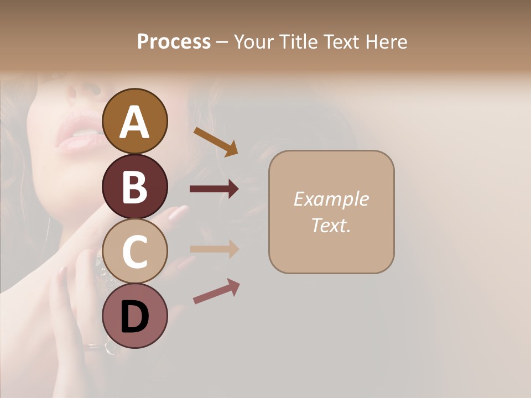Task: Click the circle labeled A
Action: [x=134, y=121]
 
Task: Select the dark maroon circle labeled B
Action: [x=134, y=186]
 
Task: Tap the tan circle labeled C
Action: [x=134, y=252]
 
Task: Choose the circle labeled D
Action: [x=134, y=316]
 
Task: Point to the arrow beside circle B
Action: [x=214, y=189]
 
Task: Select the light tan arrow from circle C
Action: [x=214, y=249]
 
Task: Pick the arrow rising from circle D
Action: [x=216, y=291]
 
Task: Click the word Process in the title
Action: [x=174, y=41]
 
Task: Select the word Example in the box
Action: [x=331, y=199]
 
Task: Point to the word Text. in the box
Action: [x=331, y=225]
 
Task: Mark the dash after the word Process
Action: [x=222, y=42]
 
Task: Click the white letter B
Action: [x=134, y=186]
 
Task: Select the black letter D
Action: [x=134, y=317]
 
